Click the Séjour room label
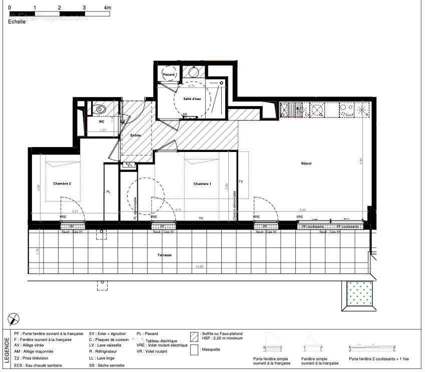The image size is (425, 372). click(x=307, y=163)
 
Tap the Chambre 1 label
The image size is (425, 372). click(x=202, y=184)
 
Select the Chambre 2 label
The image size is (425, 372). click(x=62, y=183)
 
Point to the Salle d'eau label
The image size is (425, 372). click(x=192, y=99)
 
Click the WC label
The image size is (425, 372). click(x=101, y=121)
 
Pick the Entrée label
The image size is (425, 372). click(x=135, y=135)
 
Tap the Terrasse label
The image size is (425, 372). click(x=164, y=255)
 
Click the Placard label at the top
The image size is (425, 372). click(x=169, y=75)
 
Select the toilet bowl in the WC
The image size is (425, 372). click(x=100, y=109)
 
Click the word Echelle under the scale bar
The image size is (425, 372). click(x=17, y=22)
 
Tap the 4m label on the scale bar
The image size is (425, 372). click(x=107, y=8)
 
